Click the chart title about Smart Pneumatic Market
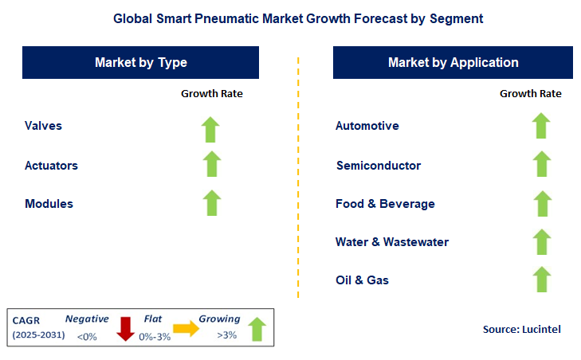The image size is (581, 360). click(x=290, y=17)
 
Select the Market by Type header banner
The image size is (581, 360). click(x=141, y=62)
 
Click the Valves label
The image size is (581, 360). click(x=43, y=126)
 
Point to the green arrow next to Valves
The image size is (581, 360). click(x=211, y=127)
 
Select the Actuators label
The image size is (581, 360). click(x=51, y=166)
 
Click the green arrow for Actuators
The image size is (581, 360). click(x=211, y=164)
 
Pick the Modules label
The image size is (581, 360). click(x=49, y=204)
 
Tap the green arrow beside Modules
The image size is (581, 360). click(x=211, y=202)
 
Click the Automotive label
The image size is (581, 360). click(x=367, y=126)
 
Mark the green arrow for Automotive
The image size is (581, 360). click(x=541, y=126)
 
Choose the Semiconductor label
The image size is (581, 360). click(x=379, y=166)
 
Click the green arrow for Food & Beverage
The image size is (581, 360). click(x=541, y=203)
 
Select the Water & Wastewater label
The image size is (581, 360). click(x=392, y=242)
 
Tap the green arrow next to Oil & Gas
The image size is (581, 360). click(x=541, y=280)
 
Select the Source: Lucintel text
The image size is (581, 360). click(x=521, y=329)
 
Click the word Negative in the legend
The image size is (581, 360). click(x=87, y=319)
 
